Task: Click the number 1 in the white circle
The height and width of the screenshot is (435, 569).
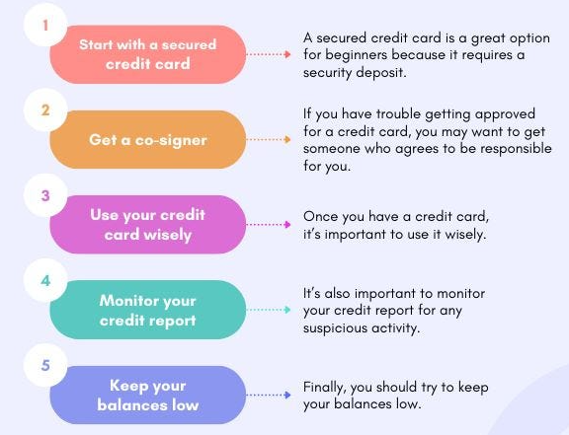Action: (x=45, y=26)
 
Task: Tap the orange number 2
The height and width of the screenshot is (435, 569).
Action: (x=45, y=110)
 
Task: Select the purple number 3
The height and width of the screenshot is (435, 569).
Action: (x=45, y=195)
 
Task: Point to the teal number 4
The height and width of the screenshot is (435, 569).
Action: (x=45, y=280)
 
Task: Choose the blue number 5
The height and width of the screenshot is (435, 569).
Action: (x=45, y=365)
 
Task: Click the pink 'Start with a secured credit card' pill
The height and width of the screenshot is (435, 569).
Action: (x=148, y=54)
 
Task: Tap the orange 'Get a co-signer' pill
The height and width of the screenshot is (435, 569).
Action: (x=148, y=139)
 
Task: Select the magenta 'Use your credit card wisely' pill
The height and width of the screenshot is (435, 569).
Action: (x=148, y=224)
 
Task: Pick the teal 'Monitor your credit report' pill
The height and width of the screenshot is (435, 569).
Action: (x=148, y=310)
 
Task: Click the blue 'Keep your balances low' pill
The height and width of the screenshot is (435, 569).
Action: (x=148, y=395)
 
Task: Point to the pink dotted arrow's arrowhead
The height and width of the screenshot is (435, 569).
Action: (x=287, y=54)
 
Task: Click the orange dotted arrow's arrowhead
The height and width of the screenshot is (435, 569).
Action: (x=287, y=139)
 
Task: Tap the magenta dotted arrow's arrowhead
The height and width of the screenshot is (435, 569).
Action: (x=287, y=224)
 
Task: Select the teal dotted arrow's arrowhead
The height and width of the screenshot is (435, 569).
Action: (x=287, y=310)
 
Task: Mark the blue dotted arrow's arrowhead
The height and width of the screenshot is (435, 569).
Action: (x=287, y=395)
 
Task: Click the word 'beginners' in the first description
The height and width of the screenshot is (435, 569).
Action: (x=356, y=55)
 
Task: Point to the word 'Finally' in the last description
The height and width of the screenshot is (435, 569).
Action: (x=323, y=388)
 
